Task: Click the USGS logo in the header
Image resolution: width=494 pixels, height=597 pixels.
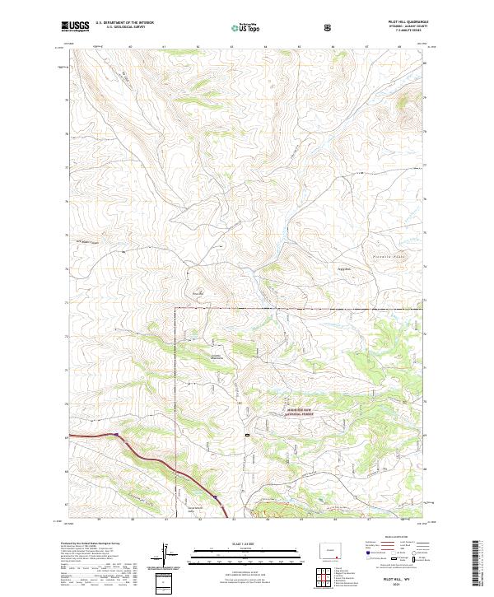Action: tap(76, 26)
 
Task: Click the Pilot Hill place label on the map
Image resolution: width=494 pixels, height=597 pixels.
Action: tap(197, 291)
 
